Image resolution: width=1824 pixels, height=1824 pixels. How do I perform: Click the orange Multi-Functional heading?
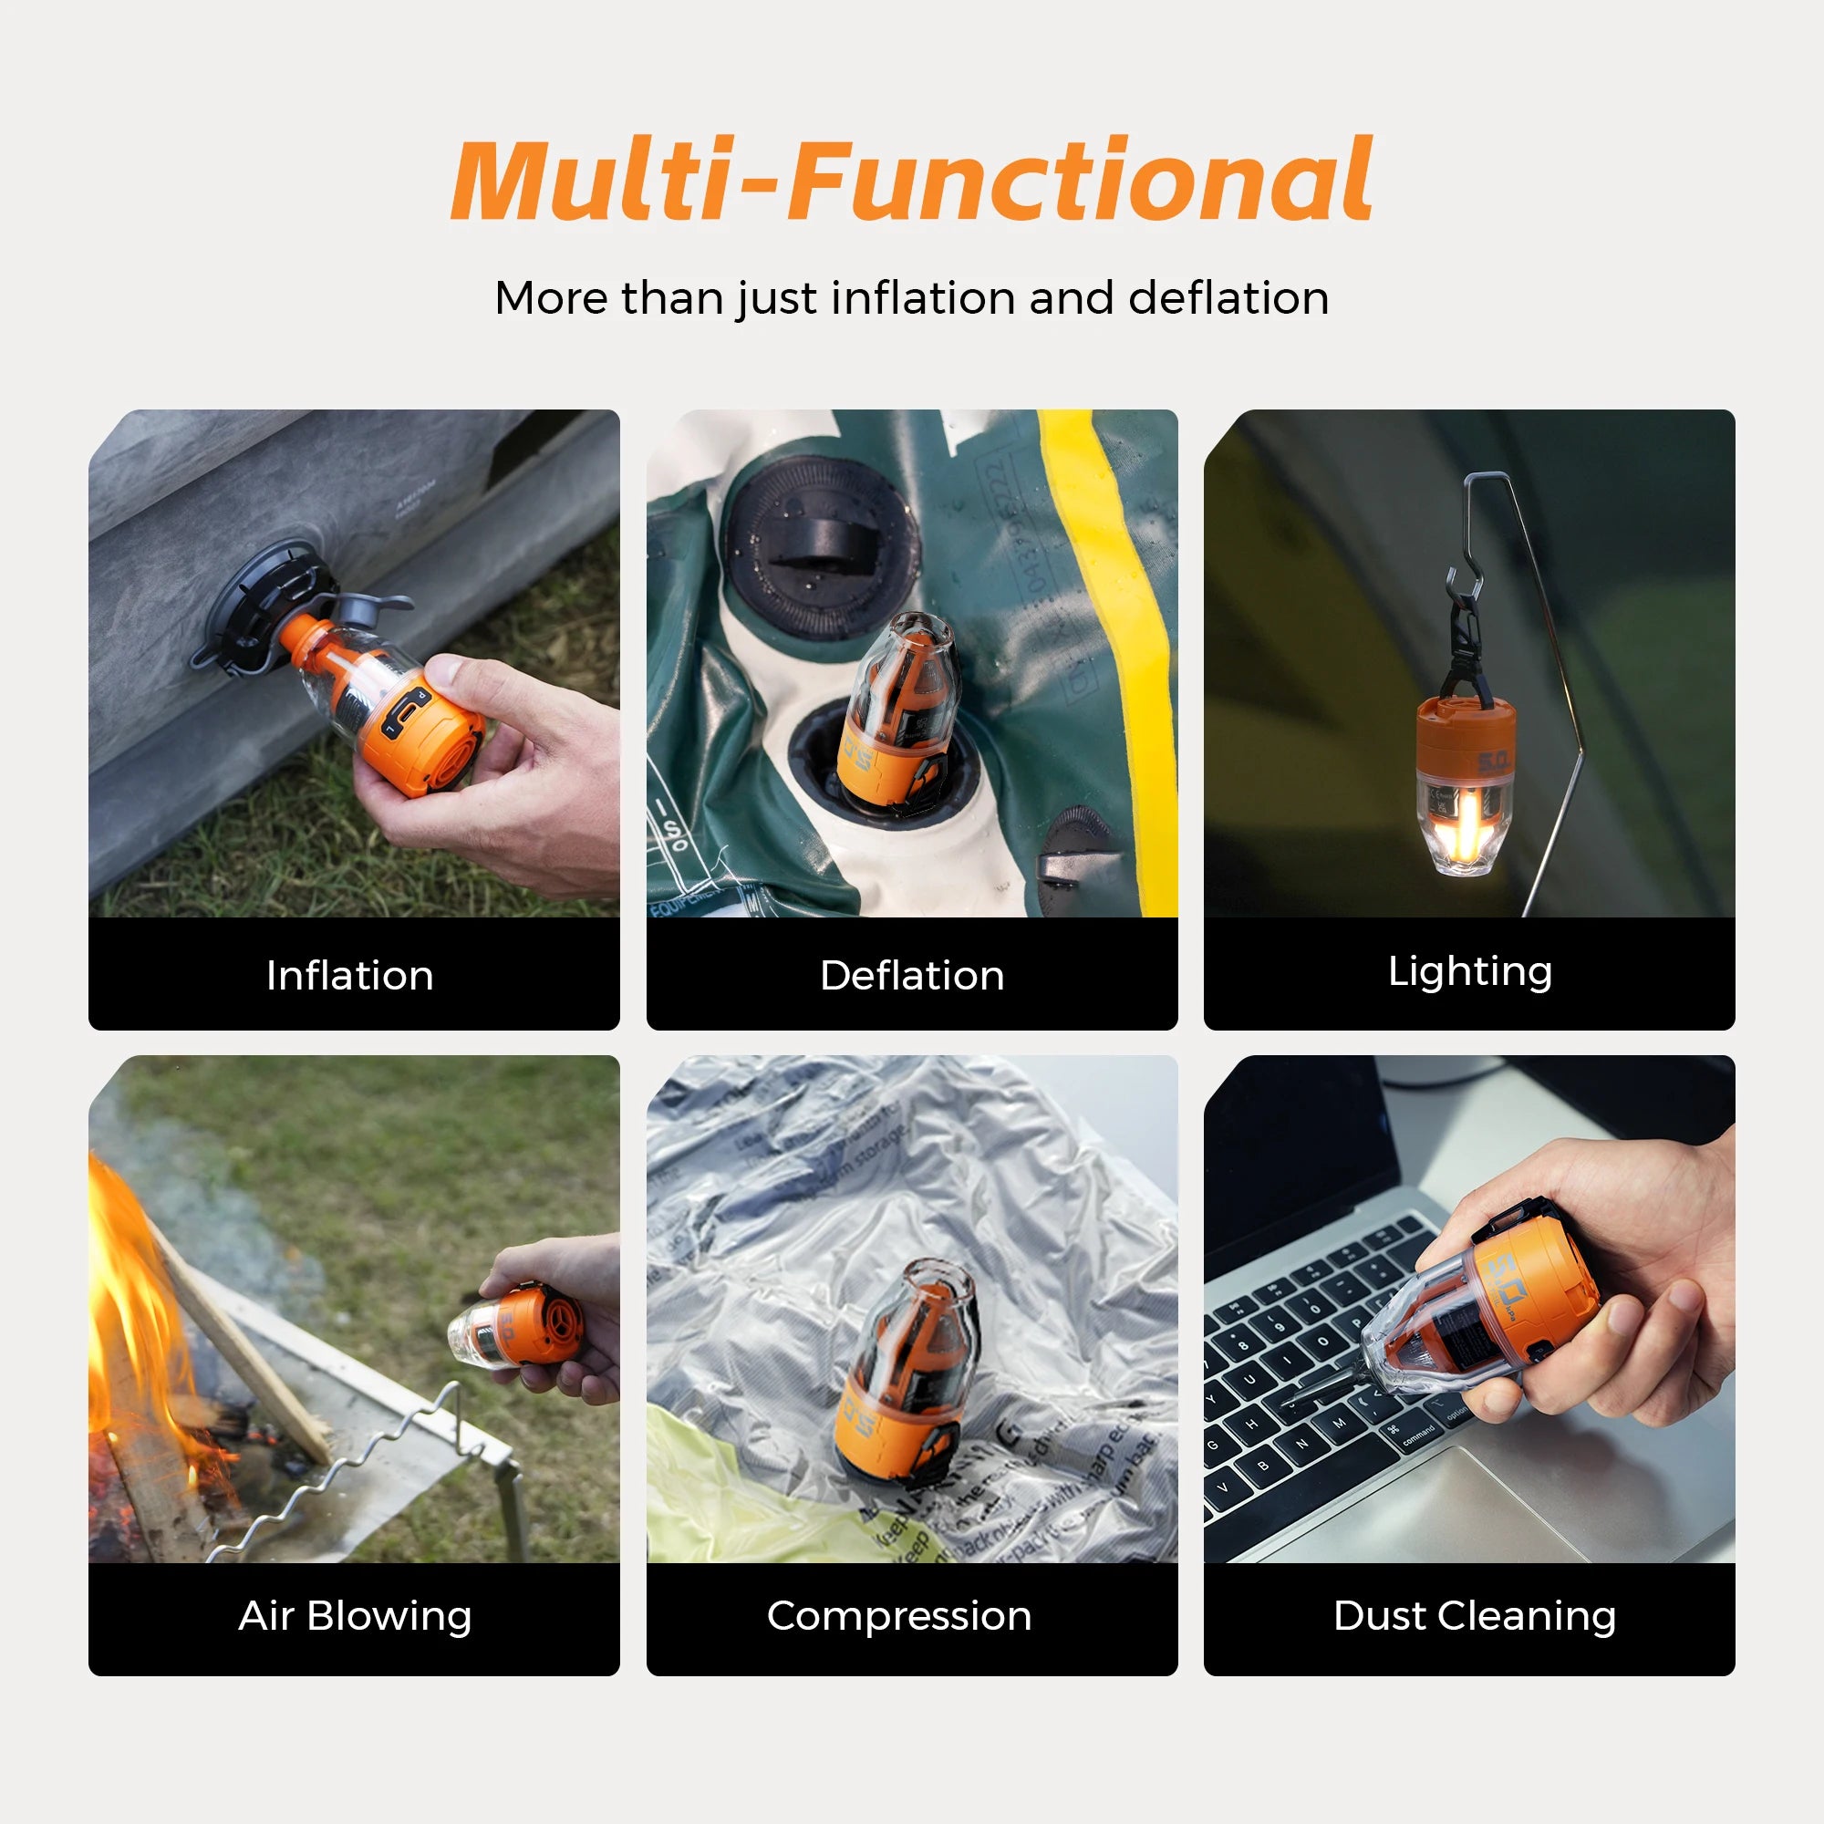[x=911, y=180]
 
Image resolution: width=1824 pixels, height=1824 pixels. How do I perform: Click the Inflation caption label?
[x=350, y=975]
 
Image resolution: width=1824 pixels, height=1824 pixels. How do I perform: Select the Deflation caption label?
[x=912, y=975]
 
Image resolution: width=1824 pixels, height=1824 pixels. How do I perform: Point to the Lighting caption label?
[x=1469, y=971]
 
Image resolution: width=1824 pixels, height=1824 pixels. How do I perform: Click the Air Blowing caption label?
[x=354, y=1615]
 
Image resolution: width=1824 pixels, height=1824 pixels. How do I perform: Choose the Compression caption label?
[x=899, y=1615]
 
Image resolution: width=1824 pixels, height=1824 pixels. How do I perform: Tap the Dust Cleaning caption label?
[x=1474, y=1615]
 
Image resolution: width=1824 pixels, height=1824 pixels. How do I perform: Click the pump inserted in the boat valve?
[x=892, y=718]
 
